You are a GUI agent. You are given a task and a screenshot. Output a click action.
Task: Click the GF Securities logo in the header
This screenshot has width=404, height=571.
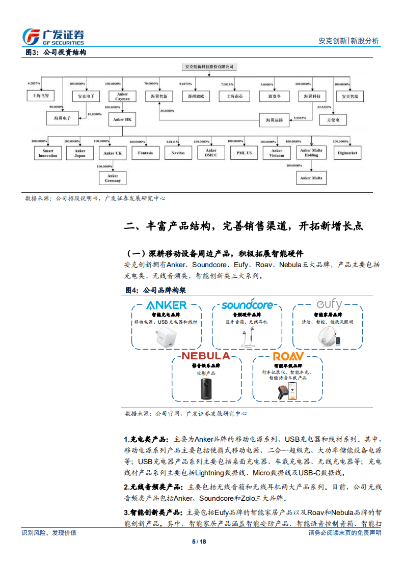tap(54, 36)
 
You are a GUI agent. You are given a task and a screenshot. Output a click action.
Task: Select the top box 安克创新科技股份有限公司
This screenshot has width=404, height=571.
tap(210, 67)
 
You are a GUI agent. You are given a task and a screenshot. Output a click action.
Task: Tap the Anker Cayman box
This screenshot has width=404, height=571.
tap(122, 96)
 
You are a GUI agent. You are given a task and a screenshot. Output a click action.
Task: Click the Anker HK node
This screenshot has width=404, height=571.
tap(122, 120)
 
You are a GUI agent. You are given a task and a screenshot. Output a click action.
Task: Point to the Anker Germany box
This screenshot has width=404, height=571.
tap(113, 178)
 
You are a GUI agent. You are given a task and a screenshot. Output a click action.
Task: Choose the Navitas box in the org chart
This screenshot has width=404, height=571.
tap(178, 153)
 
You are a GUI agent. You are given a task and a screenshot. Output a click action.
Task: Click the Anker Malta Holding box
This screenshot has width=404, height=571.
tap(311, 153)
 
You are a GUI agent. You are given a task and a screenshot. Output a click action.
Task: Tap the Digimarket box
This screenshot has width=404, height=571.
tap(348, 153)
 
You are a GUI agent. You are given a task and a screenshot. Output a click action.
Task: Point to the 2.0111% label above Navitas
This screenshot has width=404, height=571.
tap(174, 141)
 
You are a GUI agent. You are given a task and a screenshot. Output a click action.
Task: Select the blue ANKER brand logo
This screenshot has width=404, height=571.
tap(166, 305)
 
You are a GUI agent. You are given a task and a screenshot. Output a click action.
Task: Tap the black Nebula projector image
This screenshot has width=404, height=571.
tap(206, 388)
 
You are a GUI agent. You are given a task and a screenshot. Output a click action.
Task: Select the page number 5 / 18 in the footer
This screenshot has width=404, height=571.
tap(202, 541)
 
